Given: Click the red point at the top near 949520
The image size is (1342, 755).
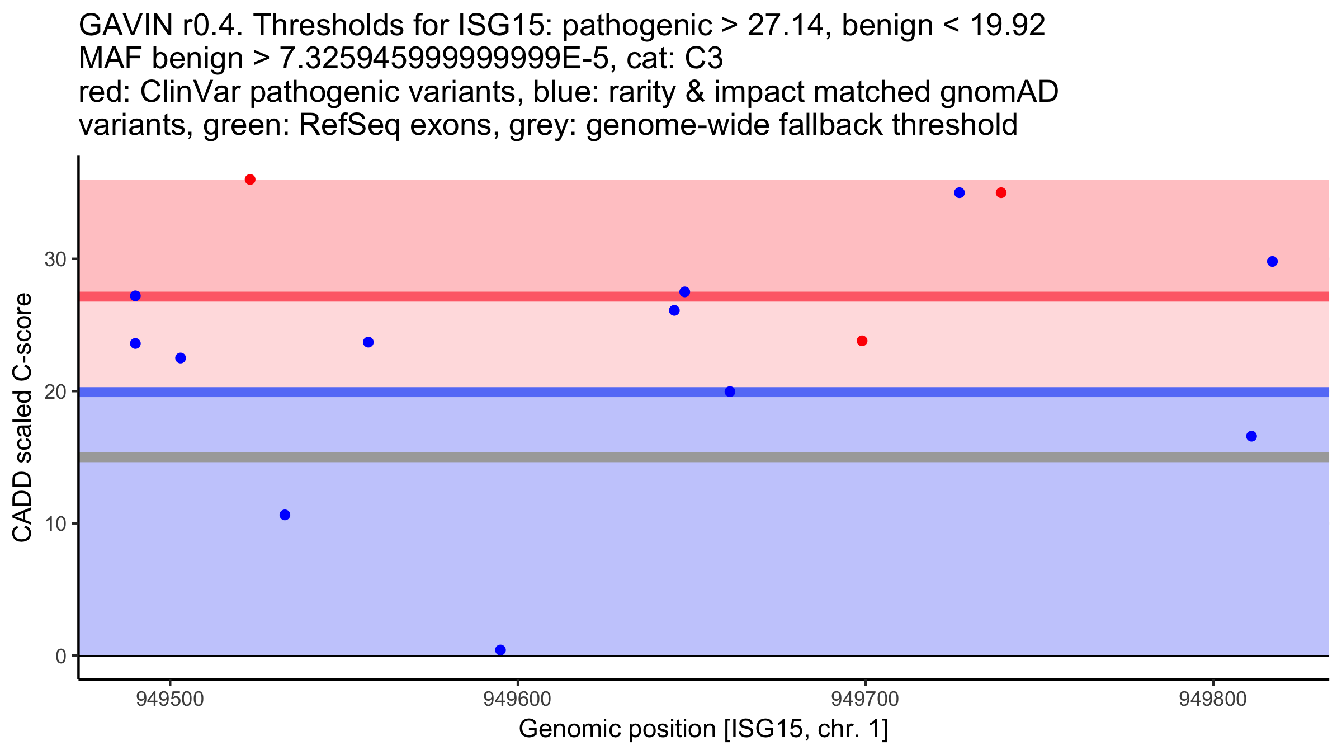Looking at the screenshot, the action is (x=250, y=180).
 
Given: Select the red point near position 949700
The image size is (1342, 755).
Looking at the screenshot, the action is (x=862, y=341).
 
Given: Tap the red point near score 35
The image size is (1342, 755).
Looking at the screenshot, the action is (x=1001, y=193).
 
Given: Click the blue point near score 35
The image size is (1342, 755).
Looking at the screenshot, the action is (x=960, y=193).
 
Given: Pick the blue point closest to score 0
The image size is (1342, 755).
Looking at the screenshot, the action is (x=500, y=650).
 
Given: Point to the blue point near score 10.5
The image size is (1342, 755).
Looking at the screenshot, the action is (x=285, y=515).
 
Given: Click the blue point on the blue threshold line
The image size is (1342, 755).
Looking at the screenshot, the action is (x=730, y=391).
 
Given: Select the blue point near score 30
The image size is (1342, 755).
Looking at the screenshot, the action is (x=1272, y=262).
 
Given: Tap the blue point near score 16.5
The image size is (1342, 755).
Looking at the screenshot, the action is (x=1251, y=436).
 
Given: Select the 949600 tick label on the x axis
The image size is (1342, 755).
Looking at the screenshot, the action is (x=517, y=699).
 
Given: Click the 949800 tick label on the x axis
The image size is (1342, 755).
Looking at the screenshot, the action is (x=1213, y=699).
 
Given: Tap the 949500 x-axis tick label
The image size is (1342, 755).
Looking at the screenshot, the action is (x=170, y=699).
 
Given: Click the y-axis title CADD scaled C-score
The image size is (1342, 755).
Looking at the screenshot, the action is (x=22, y=418).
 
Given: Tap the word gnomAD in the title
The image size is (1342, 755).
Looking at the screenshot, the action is (x=999, y=92).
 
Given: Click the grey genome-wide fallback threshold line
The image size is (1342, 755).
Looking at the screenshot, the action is (x=704, y=457).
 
